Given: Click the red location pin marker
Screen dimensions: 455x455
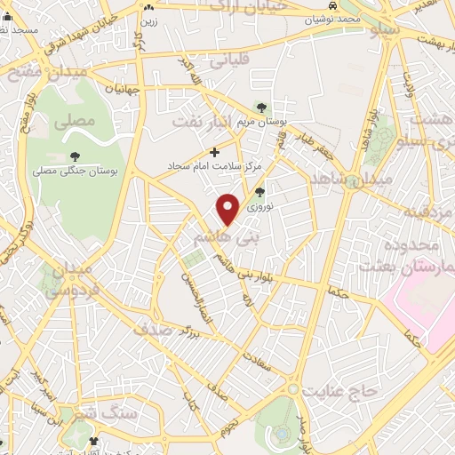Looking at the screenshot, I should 228,208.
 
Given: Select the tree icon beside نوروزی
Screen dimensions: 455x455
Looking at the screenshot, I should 259,191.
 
